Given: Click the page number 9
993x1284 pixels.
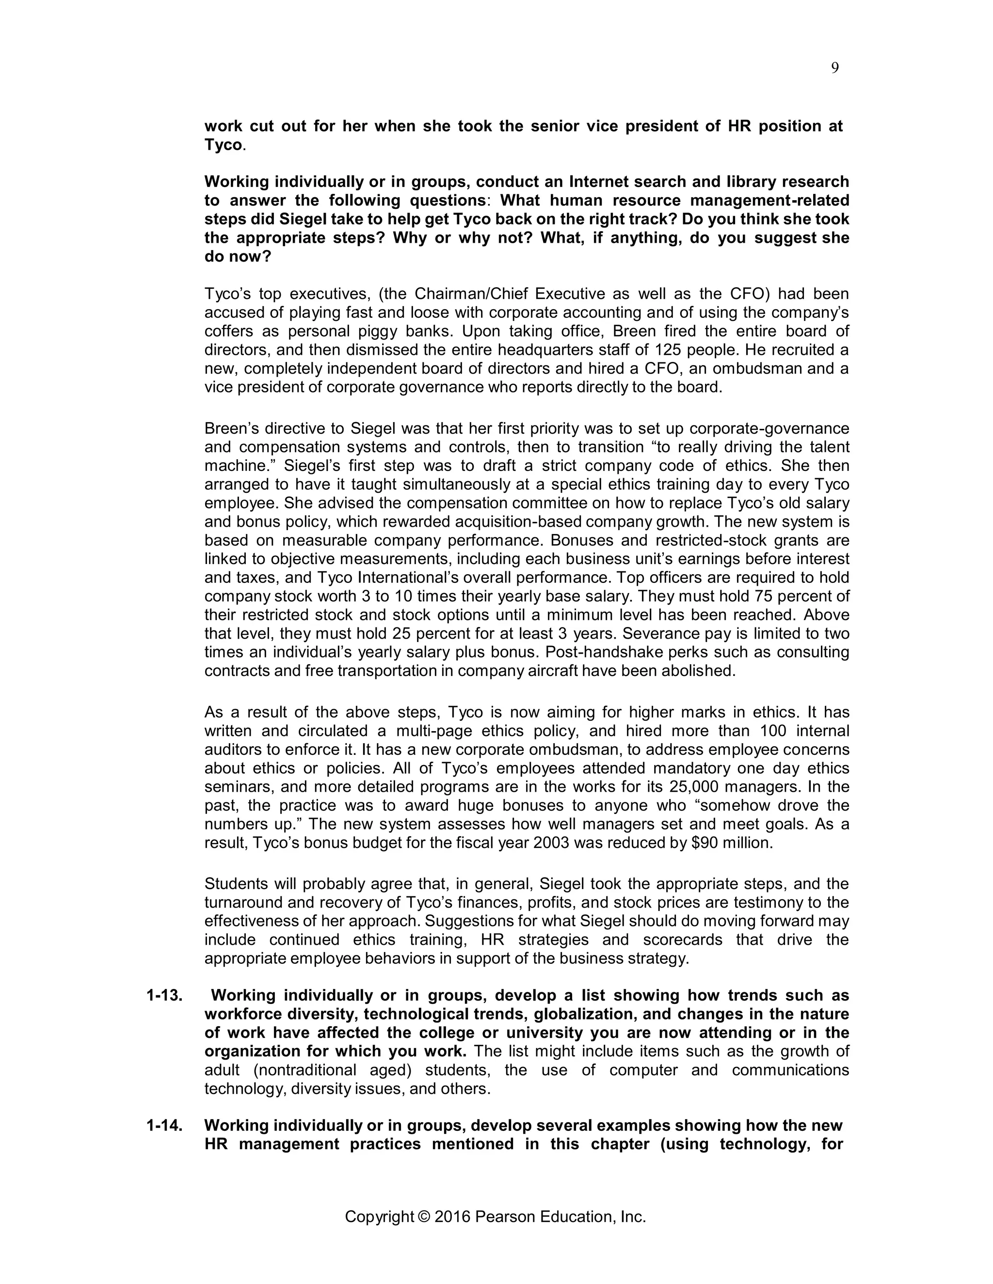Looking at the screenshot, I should click(x=835, y=68).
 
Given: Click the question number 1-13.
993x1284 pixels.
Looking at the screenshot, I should click(x=164, y=995).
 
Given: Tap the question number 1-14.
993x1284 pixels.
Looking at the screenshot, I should click(x=164, y=1125).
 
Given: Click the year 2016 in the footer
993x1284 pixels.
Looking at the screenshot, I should click(x=452, y=1216).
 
